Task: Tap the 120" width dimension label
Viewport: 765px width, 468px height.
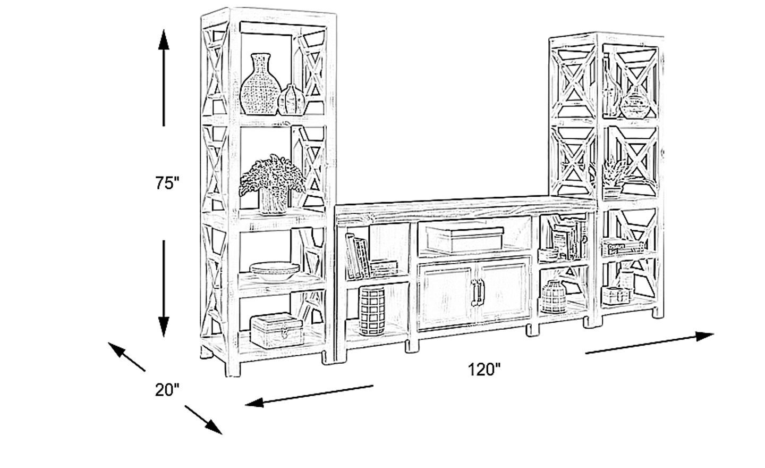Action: pyautogui.click(x=484, y=369)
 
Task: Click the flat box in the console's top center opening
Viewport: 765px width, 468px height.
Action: pyautogui.click(x=464, y=239)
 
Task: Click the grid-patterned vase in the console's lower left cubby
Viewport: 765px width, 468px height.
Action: pyautogui.click(x=371, y=311)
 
